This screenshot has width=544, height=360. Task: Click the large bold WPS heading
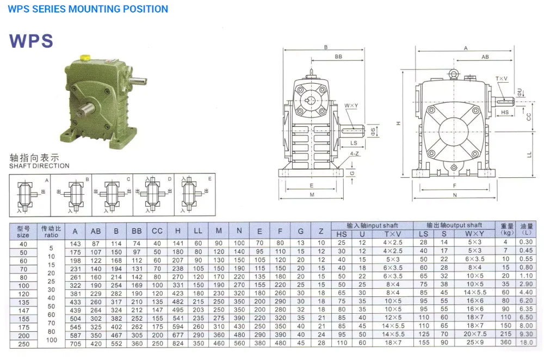click(x=31, y=41)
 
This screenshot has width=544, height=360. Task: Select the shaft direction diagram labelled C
click(x=112, y=194)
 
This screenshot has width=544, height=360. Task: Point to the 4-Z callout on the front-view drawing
click(x=355, y=154)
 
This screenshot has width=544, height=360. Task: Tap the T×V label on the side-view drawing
click(x=502, y=79)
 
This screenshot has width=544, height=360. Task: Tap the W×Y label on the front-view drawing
click(x=351, y=105)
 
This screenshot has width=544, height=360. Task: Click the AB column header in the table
click(x=95, y=231)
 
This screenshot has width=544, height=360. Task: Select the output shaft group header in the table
click(x=454, y=225)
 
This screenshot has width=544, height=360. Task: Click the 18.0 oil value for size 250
click(x=526, y=343)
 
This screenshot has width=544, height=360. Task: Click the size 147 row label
click(x=23, y=309)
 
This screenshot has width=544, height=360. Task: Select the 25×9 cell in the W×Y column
click(x=474, y=343)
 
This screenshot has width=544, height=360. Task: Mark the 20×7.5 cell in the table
click(x=474, y=334)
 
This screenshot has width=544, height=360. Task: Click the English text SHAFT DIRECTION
click(x=39, y=166)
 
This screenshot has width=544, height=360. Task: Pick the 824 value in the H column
click(x=178, y=343)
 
